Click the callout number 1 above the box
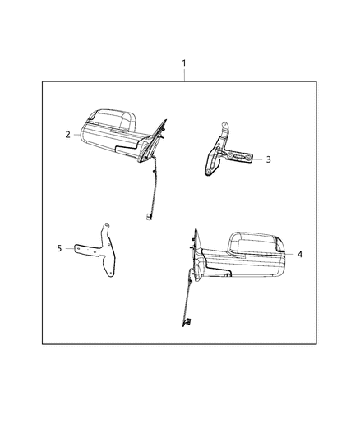point(184,63)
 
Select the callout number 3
point(268,160)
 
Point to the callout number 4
point(300,255)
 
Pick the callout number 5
point(58,246)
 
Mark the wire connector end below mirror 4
point(187,320)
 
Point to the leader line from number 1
point(184,75)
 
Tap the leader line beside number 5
point(70,247)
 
